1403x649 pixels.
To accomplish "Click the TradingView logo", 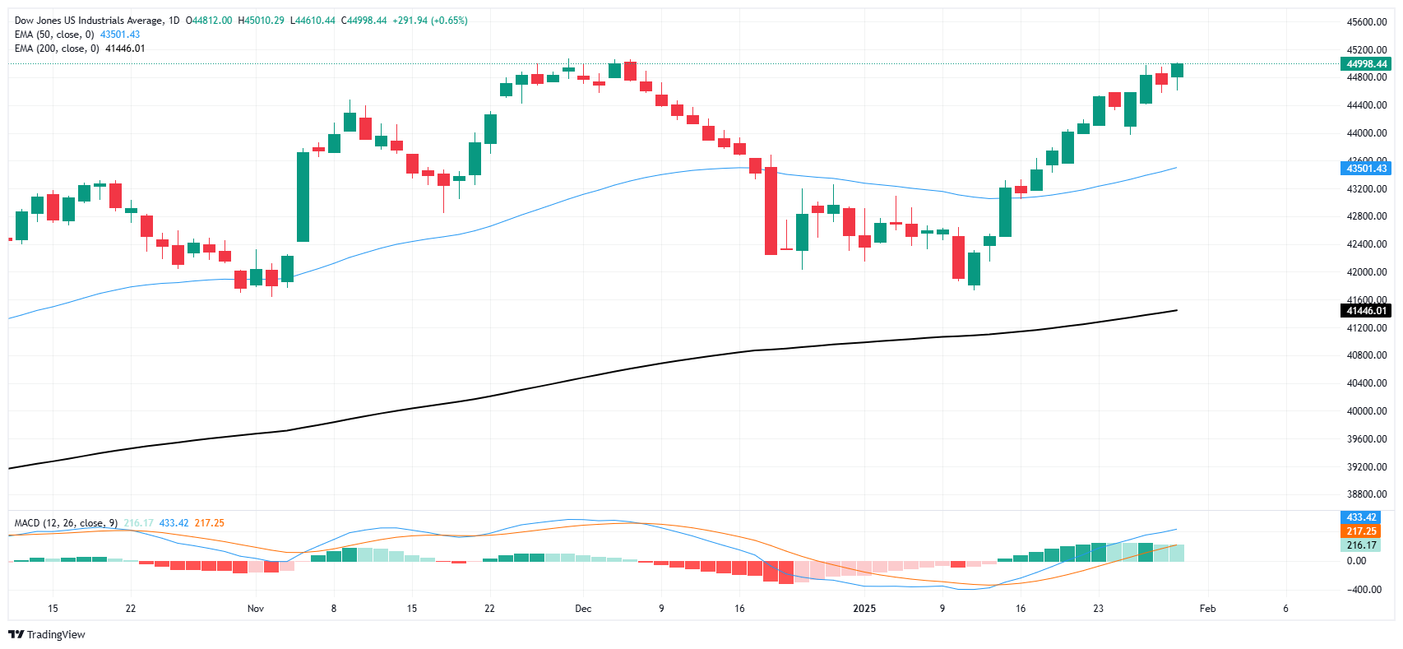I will [46, 634].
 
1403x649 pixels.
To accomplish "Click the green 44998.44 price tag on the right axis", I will [1365, 64].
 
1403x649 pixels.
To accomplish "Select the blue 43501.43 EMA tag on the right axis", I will [1365, 169].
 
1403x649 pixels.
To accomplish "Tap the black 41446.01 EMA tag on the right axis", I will [1365, 311].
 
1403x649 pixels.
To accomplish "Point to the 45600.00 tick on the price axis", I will [1366, 22].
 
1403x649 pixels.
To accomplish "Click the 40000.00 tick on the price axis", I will [1366, 411].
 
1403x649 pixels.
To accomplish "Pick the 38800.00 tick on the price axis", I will [1366, 494].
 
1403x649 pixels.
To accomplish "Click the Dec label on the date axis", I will [583, 609].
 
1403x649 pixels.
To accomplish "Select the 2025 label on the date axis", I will [864, 609].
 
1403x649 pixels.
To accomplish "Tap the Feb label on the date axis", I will [1207, 609].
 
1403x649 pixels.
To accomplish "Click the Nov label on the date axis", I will [256, 609].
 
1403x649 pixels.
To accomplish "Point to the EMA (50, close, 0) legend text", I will [54, 35].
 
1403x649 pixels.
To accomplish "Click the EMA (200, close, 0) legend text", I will [57, 49].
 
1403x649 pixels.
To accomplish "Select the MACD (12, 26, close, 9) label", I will [66, 523].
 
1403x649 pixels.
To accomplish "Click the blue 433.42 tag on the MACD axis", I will [1361, 517].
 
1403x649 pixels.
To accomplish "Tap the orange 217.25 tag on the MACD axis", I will [1361, 531].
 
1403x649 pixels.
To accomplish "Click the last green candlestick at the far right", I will [1177, 71].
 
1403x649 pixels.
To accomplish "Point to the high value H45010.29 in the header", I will [261, 21].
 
